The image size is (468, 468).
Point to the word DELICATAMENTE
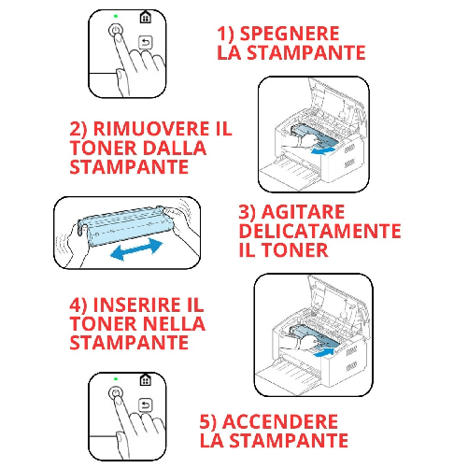(319, 231)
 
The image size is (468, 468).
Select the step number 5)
(213, 420)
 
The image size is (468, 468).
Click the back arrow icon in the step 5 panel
(145, 405)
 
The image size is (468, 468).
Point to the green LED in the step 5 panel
(115, 380)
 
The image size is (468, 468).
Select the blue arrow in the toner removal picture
(324, 149)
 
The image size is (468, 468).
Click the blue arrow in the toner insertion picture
(322, 353)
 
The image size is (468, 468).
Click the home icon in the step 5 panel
(145, 380)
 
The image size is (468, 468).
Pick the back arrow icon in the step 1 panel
(145, 42)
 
